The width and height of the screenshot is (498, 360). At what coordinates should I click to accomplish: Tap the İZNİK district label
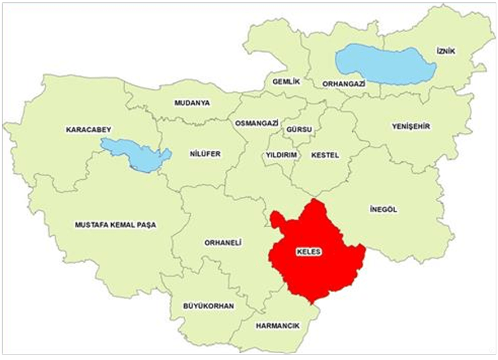pyautogui.click(x=445, y=51)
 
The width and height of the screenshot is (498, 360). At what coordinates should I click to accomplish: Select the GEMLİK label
pyautogui.click(x=285, y=81)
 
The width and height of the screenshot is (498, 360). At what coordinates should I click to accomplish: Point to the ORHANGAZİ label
pyautogui.click(x=344, y=84)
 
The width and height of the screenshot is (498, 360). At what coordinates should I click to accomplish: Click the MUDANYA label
pyautogui.click(x=192, y=103)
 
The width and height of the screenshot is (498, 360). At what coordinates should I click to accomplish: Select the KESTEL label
pyautogui.click(x=325, y=155)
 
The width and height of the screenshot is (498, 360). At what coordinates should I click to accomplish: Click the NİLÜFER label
pyautogui.click(x=204, y=154)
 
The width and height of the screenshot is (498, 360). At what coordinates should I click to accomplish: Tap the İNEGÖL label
pyautogui.click(x=384, y=210)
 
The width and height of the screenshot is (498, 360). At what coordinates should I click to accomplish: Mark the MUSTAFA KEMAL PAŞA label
pyautogui.click(x=115, y=224)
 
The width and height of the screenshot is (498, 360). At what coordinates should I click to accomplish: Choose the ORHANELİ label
pyautogui.click(x=222, y=242)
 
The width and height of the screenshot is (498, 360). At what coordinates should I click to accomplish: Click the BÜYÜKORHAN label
pyautogui.click(x=208, y=306)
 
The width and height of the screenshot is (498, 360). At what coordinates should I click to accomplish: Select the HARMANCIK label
pyautogui.click(x=277, y=326)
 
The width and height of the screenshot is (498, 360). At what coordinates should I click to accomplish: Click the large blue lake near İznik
pyautogui.click(x=384, y=63)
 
